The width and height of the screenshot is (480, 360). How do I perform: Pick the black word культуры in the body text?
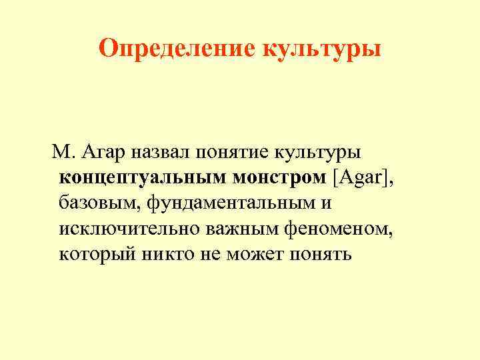point(318,153)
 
